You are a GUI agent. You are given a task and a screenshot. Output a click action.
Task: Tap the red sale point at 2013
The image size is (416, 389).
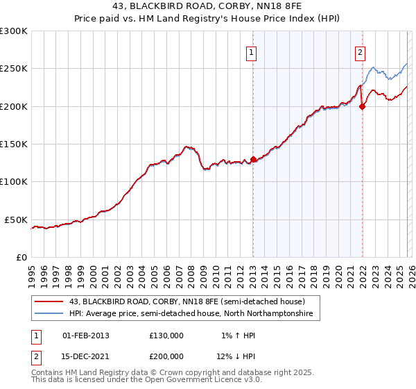[x=253, y=159]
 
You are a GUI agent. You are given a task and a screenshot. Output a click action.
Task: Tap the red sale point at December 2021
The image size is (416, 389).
[x=362, y=106]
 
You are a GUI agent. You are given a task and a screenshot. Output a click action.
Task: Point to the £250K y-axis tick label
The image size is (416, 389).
[x=14, y=69]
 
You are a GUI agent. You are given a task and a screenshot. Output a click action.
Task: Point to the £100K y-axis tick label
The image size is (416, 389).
[x=14, y=181]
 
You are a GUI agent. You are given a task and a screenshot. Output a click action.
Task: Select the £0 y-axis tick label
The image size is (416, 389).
[x=21, y=257]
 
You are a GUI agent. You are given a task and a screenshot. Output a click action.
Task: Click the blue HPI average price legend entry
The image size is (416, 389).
[x=191, y=314]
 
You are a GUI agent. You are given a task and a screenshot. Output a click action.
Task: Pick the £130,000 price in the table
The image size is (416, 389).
[x=166, y=336]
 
